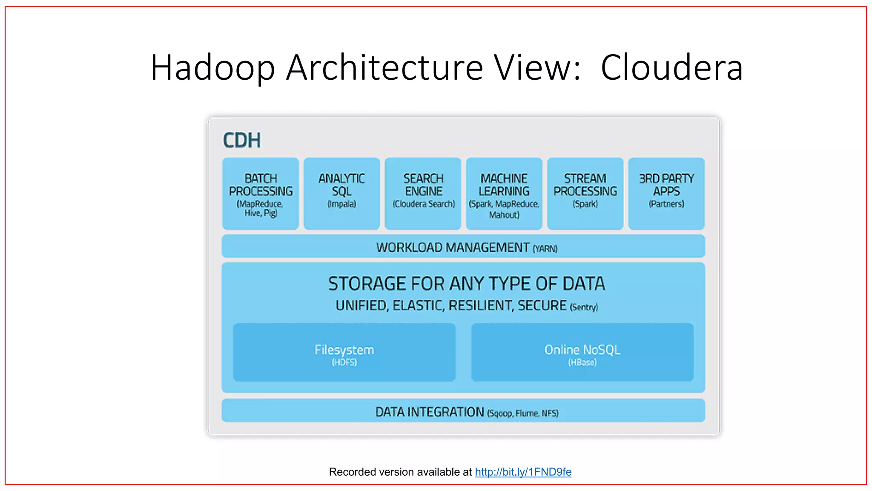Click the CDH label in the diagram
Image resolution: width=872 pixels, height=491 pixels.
coord(242,140)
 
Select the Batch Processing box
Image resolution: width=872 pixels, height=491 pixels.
coord(261,194)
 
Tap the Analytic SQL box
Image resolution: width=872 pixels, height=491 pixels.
coord(341,194)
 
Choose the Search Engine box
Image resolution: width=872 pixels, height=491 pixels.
coord(423,194)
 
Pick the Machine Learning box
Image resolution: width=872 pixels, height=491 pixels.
coord(504,194)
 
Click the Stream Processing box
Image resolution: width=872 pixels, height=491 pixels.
coord(585,194)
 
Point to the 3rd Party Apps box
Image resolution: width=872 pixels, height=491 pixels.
coord(666,194)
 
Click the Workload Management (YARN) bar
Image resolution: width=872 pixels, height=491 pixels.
coord(463,247)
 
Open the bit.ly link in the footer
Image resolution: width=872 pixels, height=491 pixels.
coord(523,472)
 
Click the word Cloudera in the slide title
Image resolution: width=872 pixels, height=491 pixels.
coord(671,67)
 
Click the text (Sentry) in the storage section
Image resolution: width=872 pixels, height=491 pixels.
coord(584,307)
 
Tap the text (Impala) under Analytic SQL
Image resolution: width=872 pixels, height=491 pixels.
coord(341,204)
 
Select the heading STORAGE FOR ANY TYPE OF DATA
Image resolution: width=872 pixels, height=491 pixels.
coord(466,284)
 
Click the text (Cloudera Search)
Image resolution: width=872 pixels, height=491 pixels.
coord(423,204)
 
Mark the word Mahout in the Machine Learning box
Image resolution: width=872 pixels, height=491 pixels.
coord(504,215)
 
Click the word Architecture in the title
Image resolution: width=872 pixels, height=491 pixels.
coord(384,67)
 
